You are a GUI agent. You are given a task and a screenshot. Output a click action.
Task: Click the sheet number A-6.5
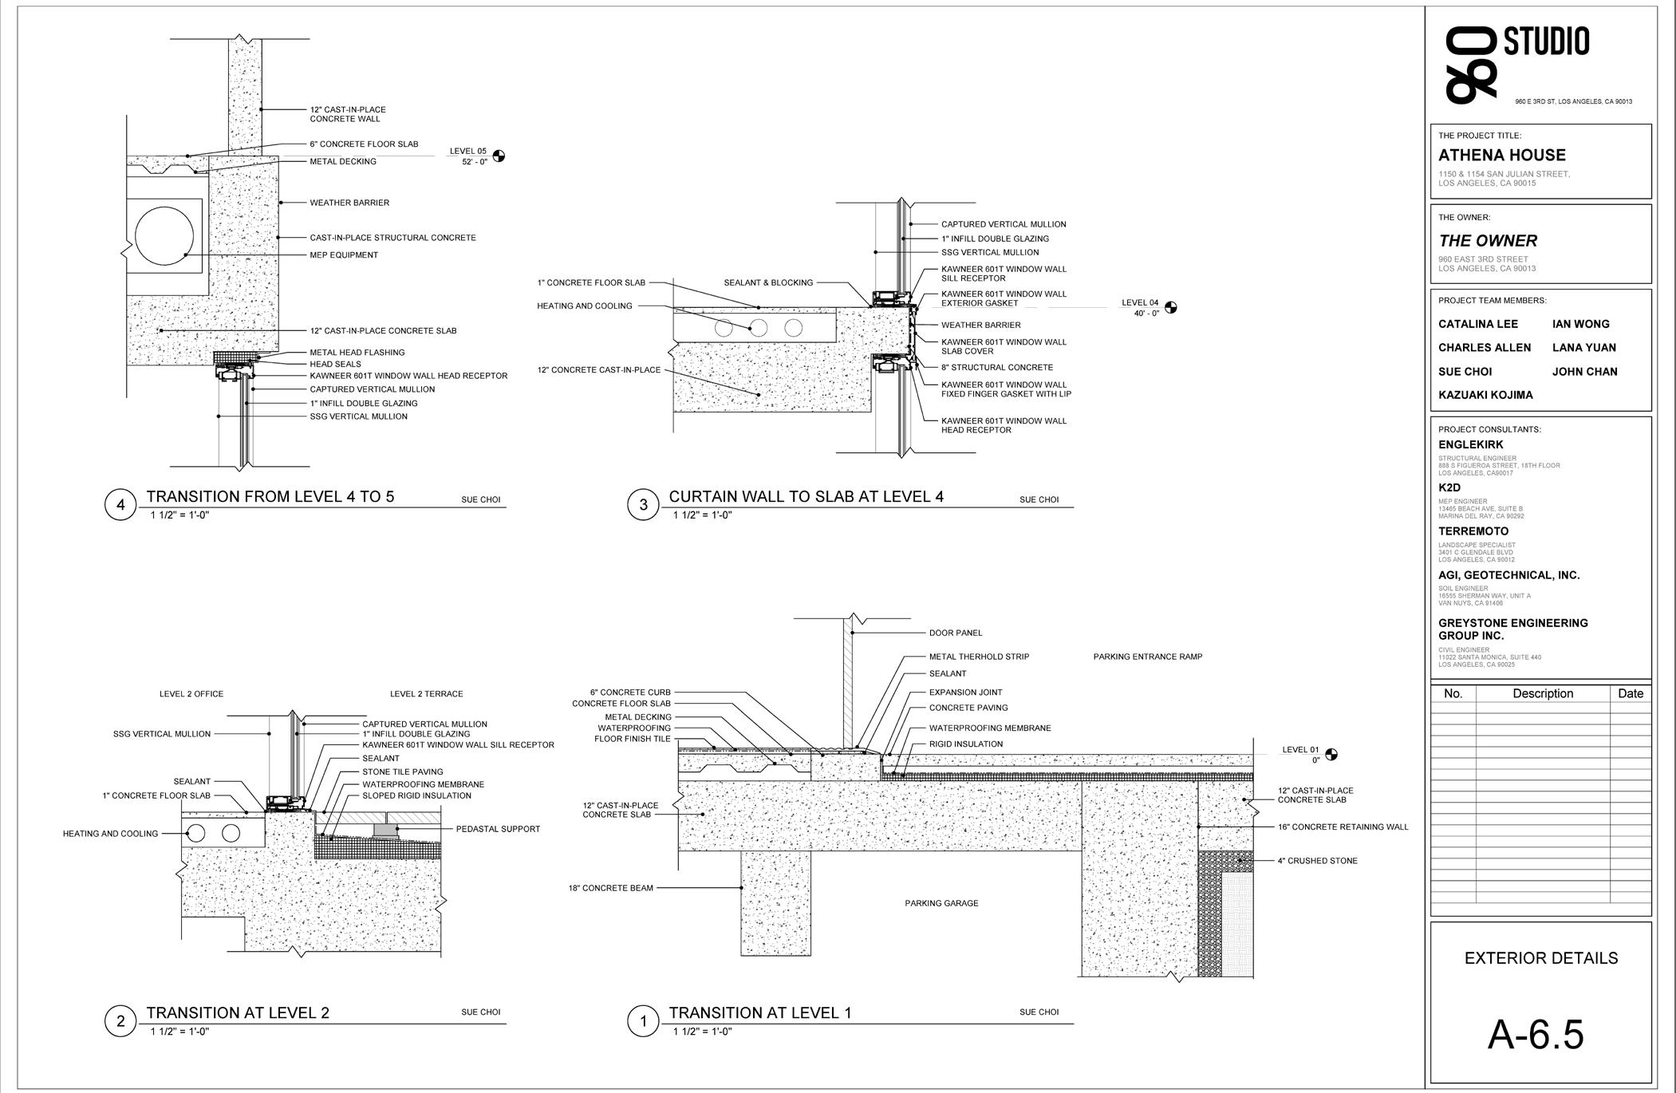tap(1536, 1035)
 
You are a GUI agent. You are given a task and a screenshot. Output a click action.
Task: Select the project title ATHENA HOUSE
tap(1501, 156)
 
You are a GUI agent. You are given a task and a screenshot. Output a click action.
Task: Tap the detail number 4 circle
tap(120, 505)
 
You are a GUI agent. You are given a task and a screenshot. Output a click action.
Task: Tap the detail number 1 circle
tap(643, 1021)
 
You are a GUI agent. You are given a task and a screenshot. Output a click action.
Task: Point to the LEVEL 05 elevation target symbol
tap(499, 156)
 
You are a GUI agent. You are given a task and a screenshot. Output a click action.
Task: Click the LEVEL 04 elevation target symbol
tap(1170, 308)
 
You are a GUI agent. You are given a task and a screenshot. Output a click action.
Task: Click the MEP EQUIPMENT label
tap(344, 255)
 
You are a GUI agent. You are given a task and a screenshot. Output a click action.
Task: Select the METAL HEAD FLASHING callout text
tap(357, 353)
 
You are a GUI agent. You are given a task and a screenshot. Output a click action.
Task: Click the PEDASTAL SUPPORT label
tap(498, 829)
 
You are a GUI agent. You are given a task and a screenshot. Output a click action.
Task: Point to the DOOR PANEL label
tap(955, 633)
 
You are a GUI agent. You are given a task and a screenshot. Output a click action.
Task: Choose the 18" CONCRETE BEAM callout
tap(610, 888)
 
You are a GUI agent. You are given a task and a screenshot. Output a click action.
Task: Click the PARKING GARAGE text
tap(941, 903)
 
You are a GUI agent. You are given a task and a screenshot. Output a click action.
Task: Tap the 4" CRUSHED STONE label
tap(1317, 861)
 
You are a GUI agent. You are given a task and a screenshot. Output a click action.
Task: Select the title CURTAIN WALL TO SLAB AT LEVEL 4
tap(806, 496)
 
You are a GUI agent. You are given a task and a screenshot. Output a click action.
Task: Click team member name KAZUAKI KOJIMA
tap(1485, 395)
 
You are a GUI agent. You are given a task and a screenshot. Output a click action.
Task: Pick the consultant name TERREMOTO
tap(1473, 531)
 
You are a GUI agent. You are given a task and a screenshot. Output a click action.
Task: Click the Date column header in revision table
tap(1631, 693)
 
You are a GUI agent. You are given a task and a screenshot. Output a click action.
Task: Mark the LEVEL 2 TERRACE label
tap(426, 694)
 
